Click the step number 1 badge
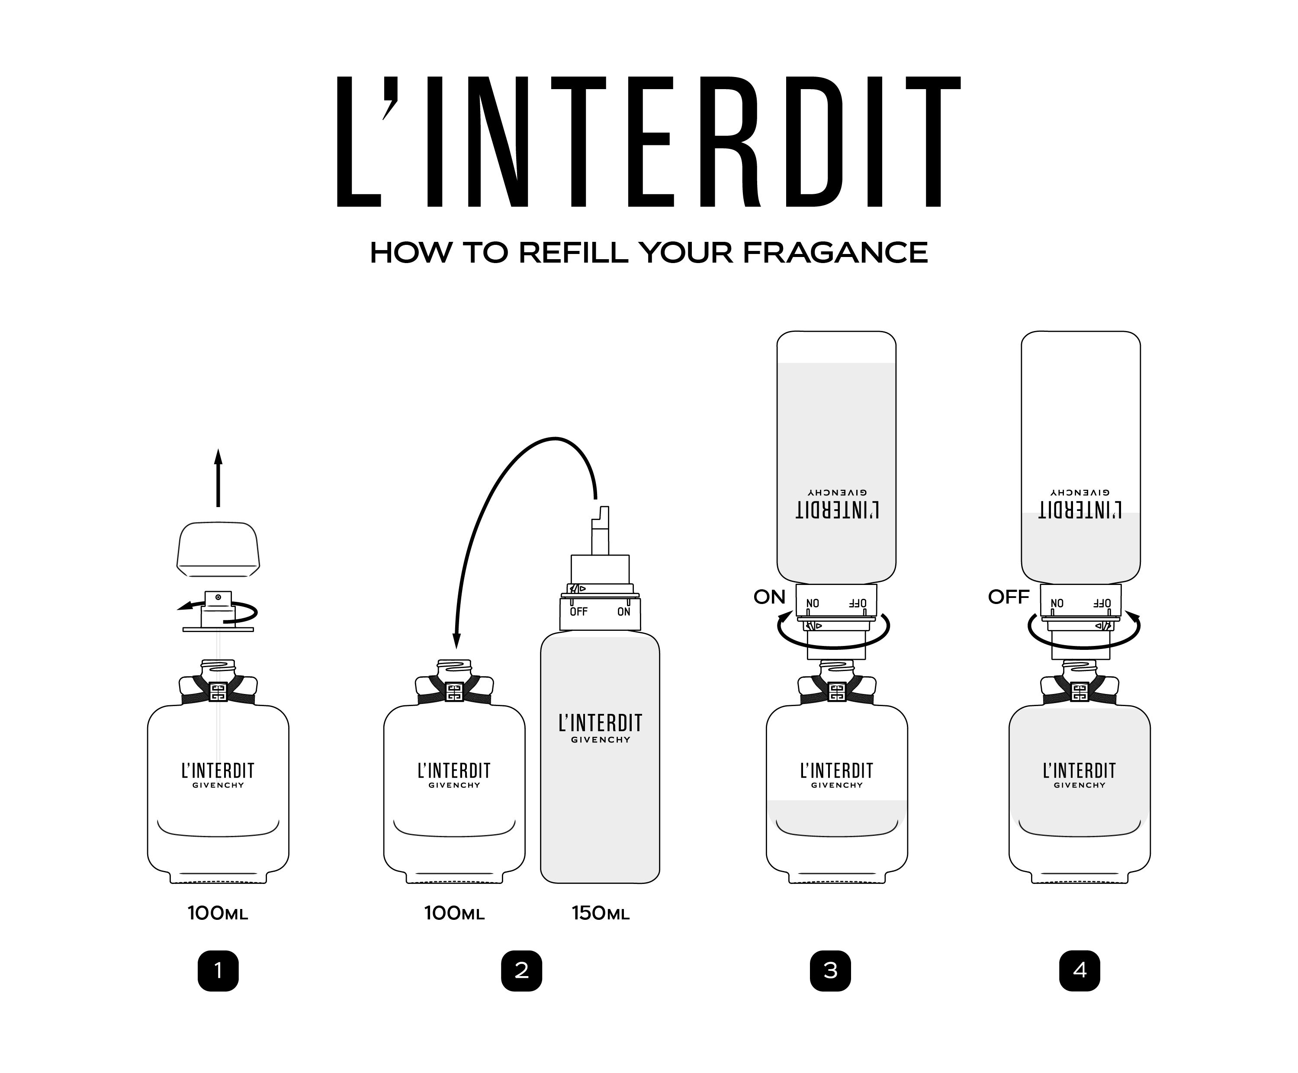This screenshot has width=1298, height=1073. click(218, 971)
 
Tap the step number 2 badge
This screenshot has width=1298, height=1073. click(521, 971)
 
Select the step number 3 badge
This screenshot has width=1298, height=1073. click(830, 971)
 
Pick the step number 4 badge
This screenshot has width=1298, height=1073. click(1079, 971)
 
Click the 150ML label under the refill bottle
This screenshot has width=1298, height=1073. click(600, 913)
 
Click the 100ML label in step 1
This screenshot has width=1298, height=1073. click(218, 913)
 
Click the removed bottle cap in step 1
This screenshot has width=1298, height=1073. click(218, 549)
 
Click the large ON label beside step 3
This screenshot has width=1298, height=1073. click(769, 597)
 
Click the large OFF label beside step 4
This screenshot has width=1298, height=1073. click(1009, 597)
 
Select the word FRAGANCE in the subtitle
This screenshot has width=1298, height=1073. click(835, 253)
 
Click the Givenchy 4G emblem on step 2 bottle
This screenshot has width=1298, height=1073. click(454, 692)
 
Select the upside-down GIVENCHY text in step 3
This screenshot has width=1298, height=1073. click(837, 493)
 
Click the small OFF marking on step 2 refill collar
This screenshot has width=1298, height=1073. click(578, 612)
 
